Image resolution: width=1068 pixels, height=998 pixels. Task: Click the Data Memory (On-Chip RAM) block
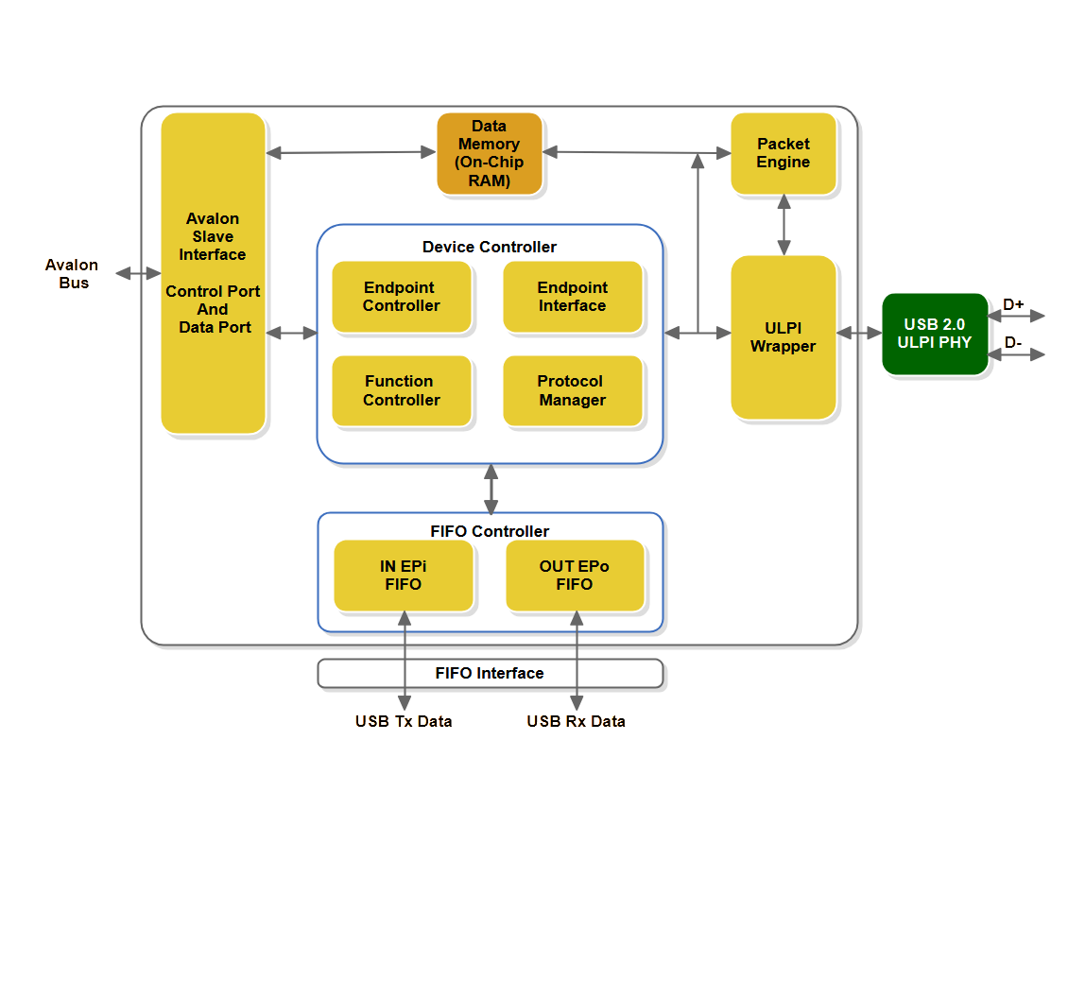click(x=489, y=154)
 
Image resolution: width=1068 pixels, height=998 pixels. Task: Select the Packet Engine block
click(x=784, y=153)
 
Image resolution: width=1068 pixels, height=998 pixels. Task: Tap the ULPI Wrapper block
click(x=784, y=337)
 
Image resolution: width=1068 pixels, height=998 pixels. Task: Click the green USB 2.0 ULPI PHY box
click(x=935, y=334)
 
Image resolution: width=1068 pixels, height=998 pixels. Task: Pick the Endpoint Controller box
click(x=402, y=297)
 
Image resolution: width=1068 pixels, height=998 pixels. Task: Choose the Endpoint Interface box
click(x=572, y=297)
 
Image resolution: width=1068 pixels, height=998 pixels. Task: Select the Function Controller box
click(x=402, y=390)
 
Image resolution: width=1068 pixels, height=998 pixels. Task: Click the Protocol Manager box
click(x=572, y=390)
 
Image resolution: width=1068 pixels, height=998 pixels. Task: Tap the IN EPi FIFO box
click(x=403, y=576)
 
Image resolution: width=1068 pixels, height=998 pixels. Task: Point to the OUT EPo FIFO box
click(x=575, y=576)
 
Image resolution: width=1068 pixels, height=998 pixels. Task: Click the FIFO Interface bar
click(x=490, y=673)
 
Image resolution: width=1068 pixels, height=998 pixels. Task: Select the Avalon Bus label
click(x=72, y=274)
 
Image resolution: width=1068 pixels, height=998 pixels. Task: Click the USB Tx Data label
click(x=404, y=721)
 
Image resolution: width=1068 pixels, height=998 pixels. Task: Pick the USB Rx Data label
click(x=576, y=721)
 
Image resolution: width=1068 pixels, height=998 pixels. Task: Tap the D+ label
click(x=1013, y=304)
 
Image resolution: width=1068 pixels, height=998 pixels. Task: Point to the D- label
click(x=1013, y=342)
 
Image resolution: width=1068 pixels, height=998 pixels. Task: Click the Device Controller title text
click(x=490, y=247)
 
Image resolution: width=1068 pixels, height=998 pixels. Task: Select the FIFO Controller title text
click(x=490, y=531)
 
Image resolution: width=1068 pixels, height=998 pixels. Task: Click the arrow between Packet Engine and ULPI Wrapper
click(x=784, y=225)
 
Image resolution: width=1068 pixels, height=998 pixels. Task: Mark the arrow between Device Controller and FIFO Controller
click(x=491, y=489)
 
